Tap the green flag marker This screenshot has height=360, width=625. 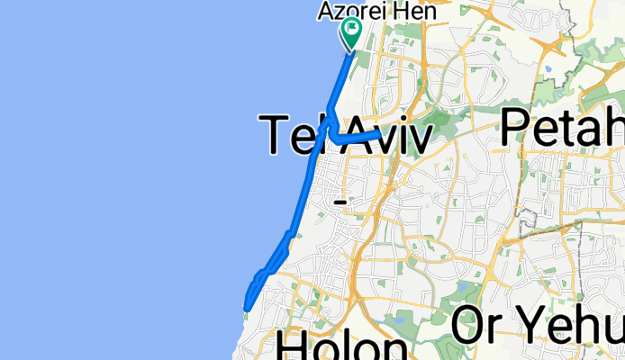(350, 35)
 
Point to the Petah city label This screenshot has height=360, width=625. (563, 126)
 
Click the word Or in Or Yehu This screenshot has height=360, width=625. (476, 326)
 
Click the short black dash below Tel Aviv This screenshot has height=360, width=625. (340, 202)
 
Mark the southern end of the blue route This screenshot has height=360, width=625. (246, 309)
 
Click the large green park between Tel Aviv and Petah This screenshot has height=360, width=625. (440, 121)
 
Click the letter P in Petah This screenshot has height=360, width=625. (517, 126)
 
